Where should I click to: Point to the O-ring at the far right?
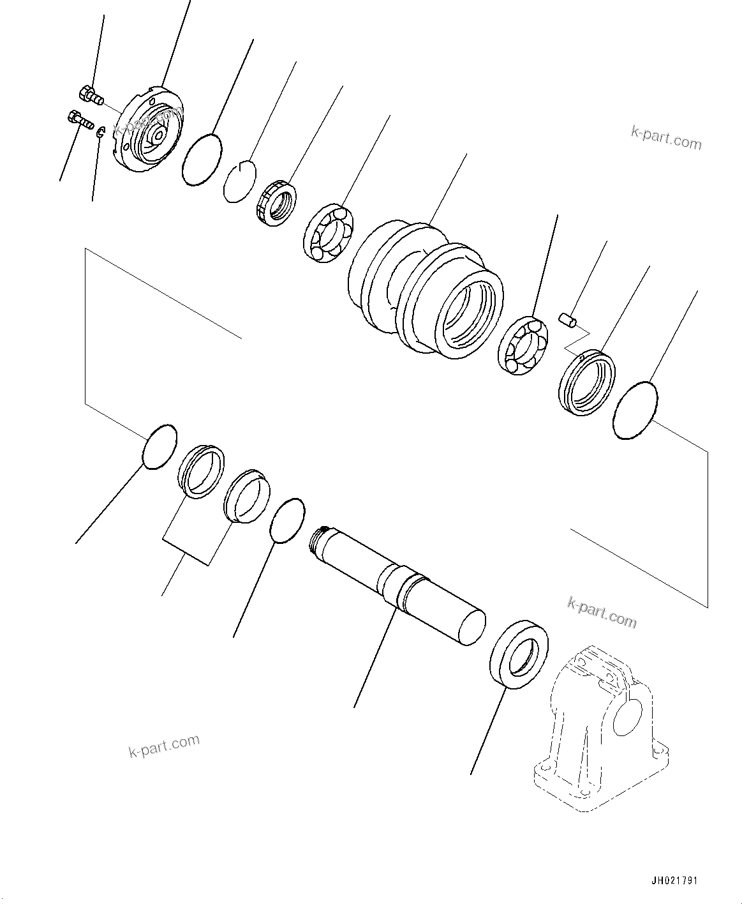(x=634, y=410)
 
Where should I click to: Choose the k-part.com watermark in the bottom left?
(x=163, y=745)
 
